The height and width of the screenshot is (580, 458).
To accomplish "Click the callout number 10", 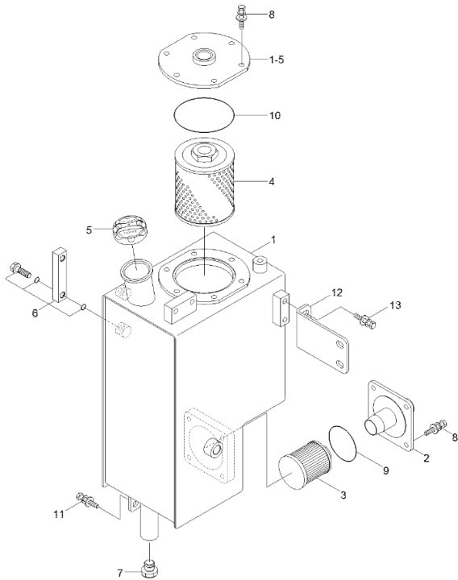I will (274, 115).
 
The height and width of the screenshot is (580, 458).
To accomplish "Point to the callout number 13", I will (394, 305).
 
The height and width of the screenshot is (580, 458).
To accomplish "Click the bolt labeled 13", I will (365, 320).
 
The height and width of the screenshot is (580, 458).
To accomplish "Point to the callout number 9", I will (385, 470).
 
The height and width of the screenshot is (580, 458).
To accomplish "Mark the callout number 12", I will (337, 291).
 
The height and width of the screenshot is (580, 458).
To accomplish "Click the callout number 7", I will (121, 573).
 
